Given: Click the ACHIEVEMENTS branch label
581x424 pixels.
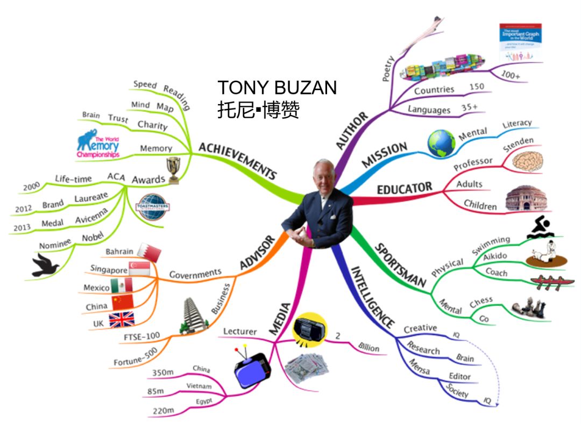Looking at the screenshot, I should [x=237, y=161].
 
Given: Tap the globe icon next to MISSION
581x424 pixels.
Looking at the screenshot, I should [x=441, y=143].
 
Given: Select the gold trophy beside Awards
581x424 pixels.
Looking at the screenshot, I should [x=173, y=170].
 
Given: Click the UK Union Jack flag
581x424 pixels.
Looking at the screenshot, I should [x=122, y=320].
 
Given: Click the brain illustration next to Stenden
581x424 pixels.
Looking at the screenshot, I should [x=527, y=162].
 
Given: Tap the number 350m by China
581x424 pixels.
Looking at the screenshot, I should [x=162, y=373].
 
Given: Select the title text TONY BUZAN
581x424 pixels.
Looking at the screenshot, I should [x=277, y=88].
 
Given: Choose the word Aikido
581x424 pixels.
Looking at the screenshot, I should [x=495, y=256].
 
